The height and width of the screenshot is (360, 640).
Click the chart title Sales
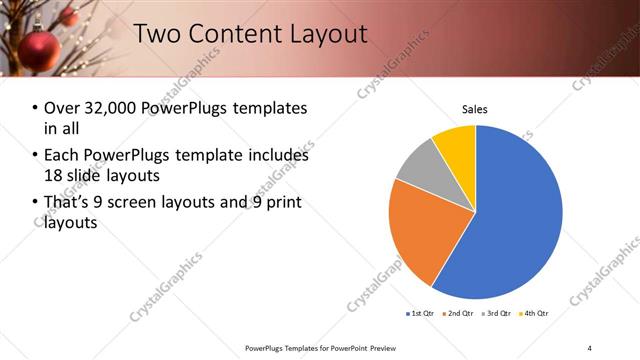(x=475, y=110)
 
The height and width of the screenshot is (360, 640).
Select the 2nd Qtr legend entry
(x=457, y=314)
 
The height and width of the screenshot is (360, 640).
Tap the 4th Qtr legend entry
(x=534, y=314)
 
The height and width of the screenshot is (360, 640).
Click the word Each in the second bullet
(x=62, y=156)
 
